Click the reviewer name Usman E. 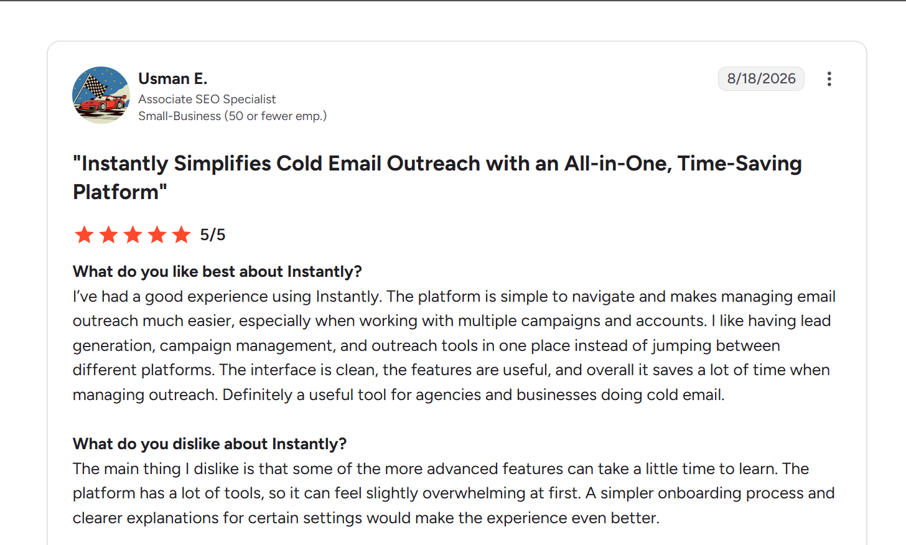click(x=173, y=78)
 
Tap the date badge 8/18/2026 click(x=761, y=78)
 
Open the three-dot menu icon click(x=829, y=79)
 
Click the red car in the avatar click(x=103, y=103)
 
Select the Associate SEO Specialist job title click(x=207, y=99)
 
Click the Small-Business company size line click(x=232, y=116)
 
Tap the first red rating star click(x=85, y=235)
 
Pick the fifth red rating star click(x=181, y=235)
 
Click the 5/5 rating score click(x=213, y=235)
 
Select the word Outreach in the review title click(x=434, y=164)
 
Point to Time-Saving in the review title click(x=739, y=164)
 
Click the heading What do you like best click(x=217, y=271)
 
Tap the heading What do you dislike click(x=210, y=444)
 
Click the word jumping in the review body click(x=681, y=347)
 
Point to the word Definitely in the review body click(x=257, y=395)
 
